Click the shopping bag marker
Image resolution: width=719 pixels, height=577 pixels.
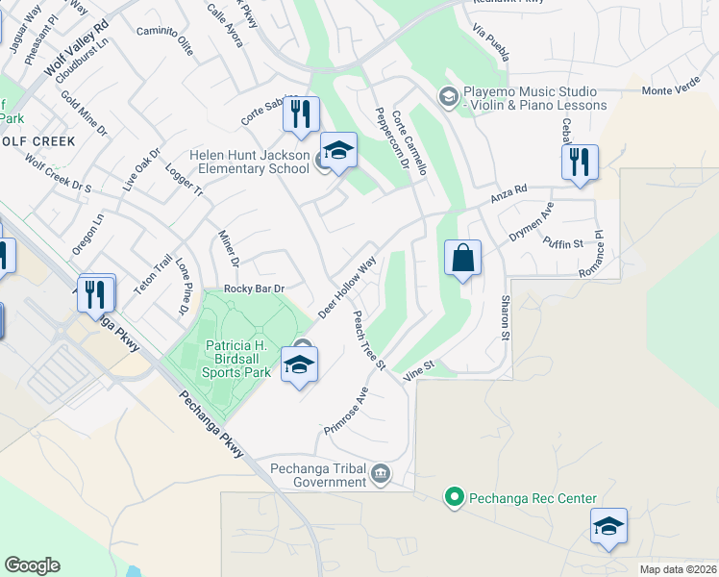pos(462,259)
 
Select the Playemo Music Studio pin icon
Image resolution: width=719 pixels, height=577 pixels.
pos(447,96)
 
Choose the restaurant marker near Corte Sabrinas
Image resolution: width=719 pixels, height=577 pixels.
pos(301,115)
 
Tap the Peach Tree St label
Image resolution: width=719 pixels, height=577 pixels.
pos(369,340)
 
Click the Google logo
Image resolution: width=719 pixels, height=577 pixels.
pos(32,565)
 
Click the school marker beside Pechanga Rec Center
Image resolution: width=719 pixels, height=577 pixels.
pos(608,527)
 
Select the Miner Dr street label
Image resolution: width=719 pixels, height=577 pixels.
pos(228,249)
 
